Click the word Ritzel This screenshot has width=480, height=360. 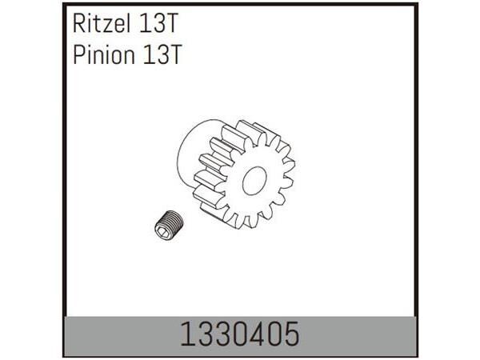pos(98,25)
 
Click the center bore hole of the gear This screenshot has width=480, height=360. pos(254,182)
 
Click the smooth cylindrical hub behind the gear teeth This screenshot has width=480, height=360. pos(192,152)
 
